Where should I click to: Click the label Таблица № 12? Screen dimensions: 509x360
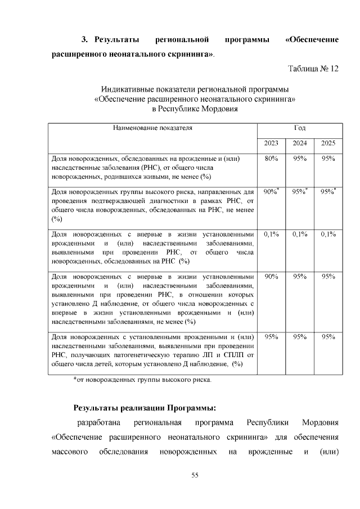pos(313,69)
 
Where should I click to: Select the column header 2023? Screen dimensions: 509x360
pos(271,143)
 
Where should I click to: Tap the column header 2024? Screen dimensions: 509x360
pos(299,143)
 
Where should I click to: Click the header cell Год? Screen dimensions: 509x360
pos(300,128)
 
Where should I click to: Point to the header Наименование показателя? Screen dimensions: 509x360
pos(152,128)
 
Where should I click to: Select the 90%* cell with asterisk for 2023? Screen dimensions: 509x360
pos(272,192)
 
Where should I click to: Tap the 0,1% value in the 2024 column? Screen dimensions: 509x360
pos(299,234)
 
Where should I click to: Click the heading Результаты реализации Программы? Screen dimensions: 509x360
pos(145,408)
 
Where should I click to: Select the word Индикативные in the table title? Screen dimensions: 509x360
pos(127,89)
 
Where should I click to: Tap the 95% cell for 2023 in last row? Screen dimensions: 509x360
pos(271,336)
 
